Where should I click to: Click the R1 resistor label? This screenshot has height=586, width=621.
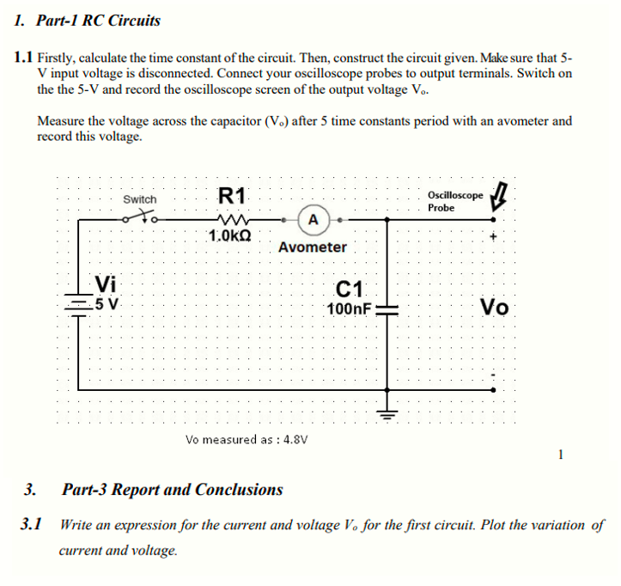[x=232, y=195]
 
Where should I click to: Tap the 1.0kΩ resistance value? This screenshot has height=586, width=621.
[x=230, y=235]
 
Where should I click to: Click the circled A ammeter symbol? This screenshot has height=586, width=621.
[x=314, y=220]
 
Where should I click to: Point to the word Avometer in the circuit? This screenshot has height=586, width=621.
[x=313, y=247]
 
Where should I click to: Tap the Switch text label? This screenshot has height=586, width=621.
[x=140, y=199]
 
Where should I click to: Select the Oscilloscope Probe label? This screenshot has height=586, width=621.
[x=454, y=201]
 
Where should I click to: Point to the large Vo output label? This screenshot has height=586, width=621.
[x=495, y=307]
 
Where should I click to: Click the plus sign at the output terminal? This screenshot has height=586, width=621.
[x=494, y=236]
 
